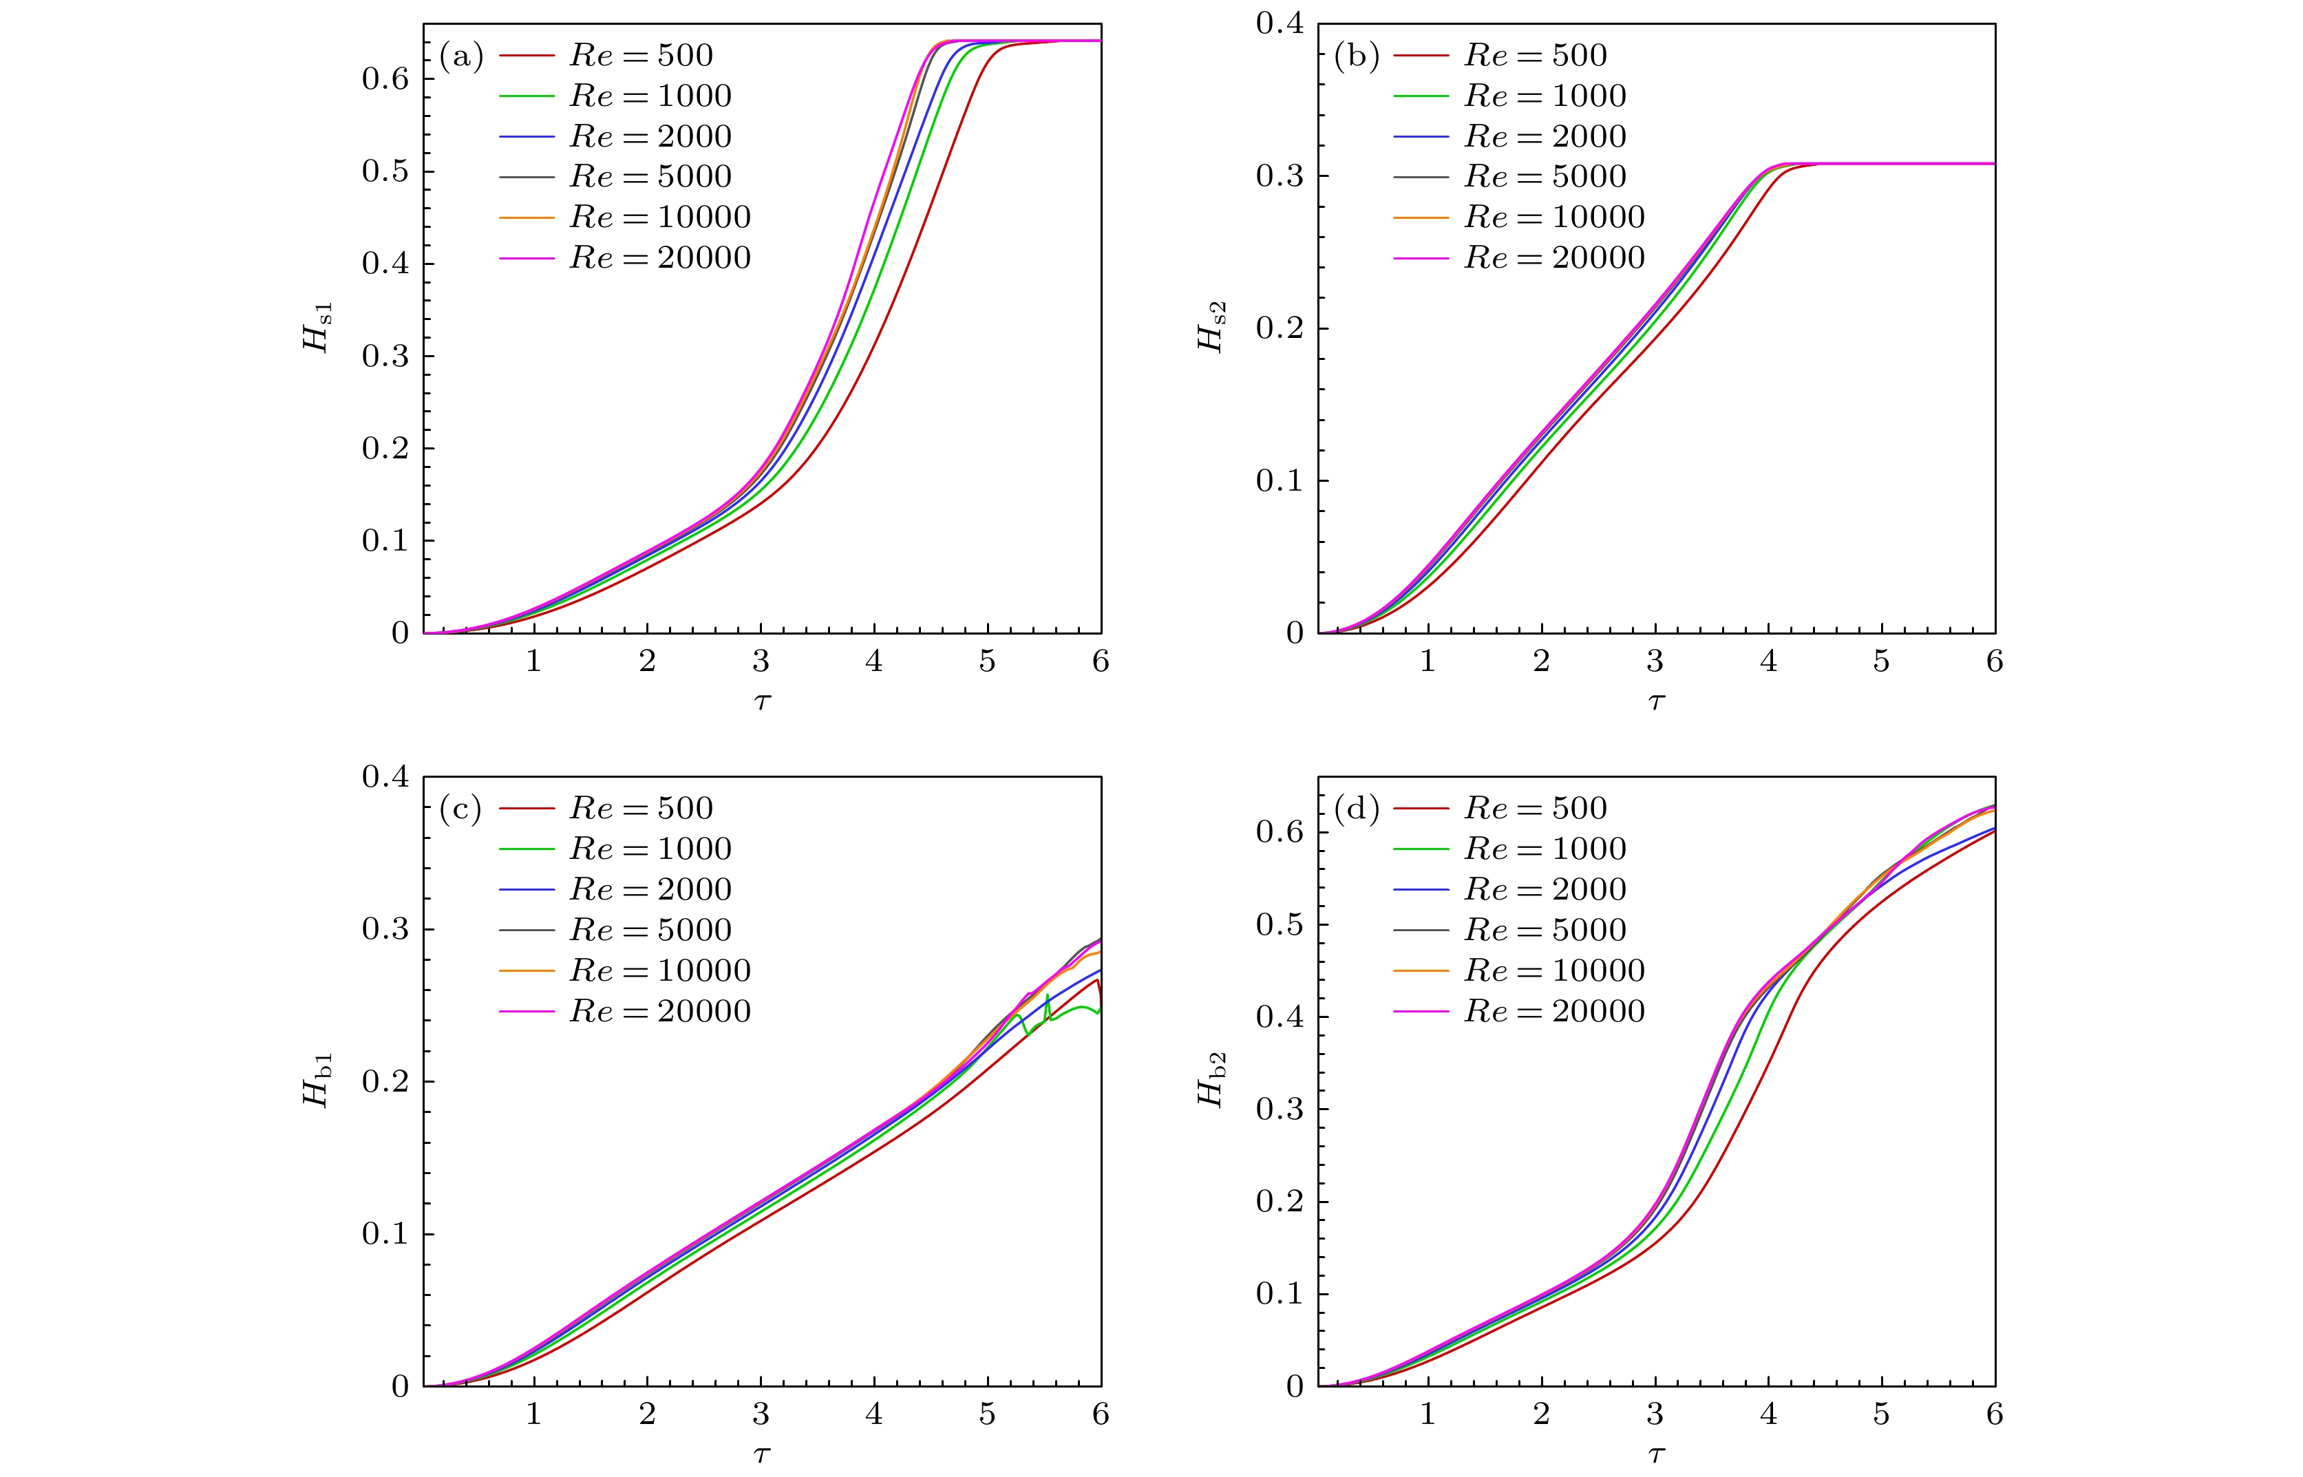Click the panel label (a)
point(460,56)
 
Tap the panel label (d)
point(1355,809)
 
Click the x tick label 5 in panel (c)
point(987,1414)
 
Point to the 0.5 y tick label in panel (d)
point(1280,924)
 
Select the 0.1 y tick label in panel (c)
point(385,1234)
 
